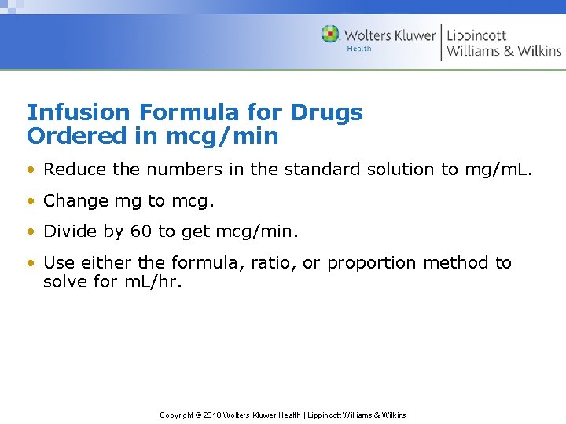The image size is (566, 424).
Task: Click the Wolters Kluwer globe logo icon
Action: coord(330,35)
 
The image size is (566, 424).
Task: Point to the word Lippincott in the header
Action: coord(476,35)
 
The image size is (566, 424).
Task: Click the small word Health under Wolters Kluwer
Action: coord(358,49)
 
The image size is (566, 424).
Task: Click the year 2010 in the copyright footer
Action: coord(211,415)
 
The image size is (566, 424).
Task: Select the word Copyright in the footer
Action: coord(177,415)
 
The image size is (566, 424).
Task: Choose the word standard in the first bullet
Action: coord(321,169)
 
